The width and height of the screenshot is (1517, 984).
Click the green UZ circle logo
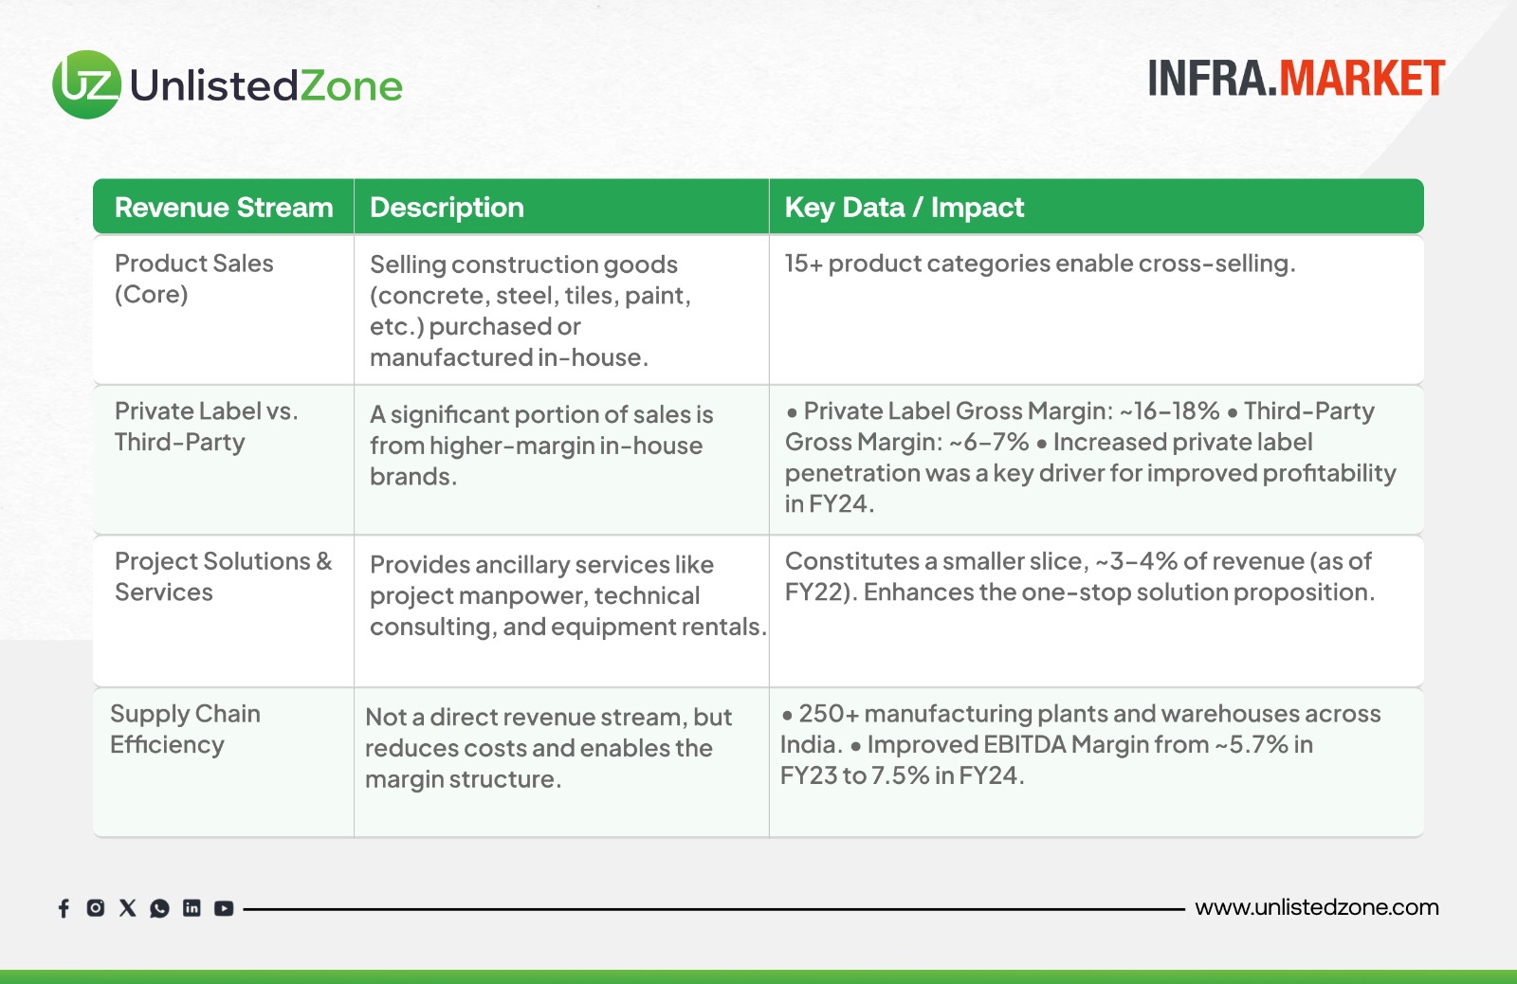tap(86, 84)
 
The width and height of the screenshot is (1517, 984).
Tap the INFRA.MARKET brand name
tap(1297, 79)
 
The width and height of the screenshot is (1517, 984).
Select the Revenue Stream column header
tap(224, 208)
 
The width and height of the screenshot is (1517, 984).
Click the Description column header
tap(447, 208)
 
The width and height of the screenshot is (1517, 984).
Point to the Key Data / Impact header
tap(905, 208)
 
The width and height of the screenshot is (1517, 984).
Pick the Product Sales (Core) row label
tap(193, 279)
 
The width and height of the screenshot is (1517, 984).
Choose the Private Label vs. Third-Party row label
tap(206, 426)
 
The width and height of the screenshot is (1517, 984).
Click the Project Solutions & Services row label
tap(224, 576)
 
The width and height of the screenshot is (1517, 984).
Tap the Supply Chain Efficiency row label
tap(185, 729)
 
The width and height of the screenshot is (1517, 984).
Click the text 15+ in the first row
tap(804, 264)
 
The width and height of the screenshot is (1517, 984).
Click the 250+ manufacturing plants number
tap(829, 714)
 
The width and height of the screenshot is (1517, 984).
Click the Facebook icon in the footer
tap(64, 908)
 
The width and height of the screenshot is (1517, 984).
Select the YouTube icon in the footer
tap(224, 908)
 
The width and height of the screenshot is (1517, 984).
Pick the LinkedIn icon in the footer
tap(192, 907)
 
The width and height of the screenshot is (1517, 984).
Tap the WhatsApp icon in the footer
tap(160, 908)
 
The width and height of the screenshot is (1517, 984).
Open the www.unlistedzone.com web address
tap(1317, 907)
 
